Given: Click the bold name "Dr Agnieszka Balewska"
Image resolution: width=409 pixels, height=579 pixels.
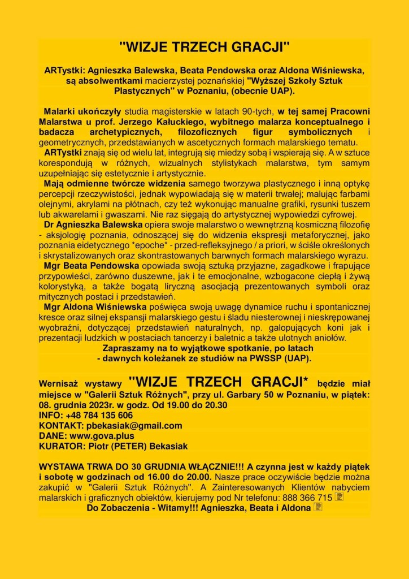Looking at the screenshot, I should [89, 224].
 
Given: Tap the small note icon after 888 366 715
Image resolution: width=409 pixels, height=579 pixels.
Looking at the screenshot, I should [339, 497].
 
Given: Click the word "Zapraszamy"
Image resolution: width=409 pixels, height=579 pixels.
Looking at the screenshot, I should [127, 348].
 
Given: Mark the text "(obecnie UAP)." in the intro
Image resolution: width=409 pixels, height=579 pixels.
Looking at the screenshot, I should [254, 90].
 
